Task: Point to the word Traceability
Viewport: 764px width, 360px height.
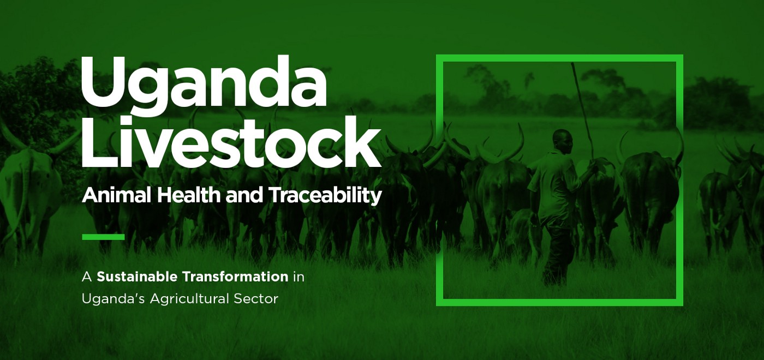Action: point(325,196)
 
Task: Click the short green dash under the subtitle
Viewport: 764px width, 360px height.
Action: point(103,237)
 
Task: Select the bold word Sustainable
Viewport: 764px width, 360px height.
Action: point(138,277)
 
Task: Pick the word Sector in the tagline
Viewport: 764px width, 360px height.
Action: point(260,299)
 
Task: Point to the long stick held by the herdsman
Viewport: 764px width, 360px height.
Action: point(581,109)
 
